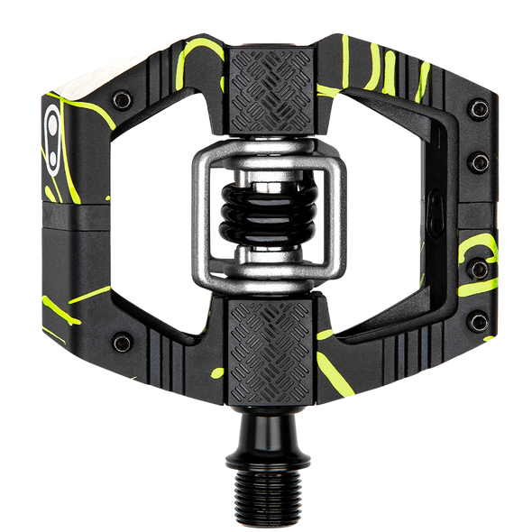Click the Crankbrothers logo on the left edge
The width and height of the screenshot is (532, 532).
(51, 127)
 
